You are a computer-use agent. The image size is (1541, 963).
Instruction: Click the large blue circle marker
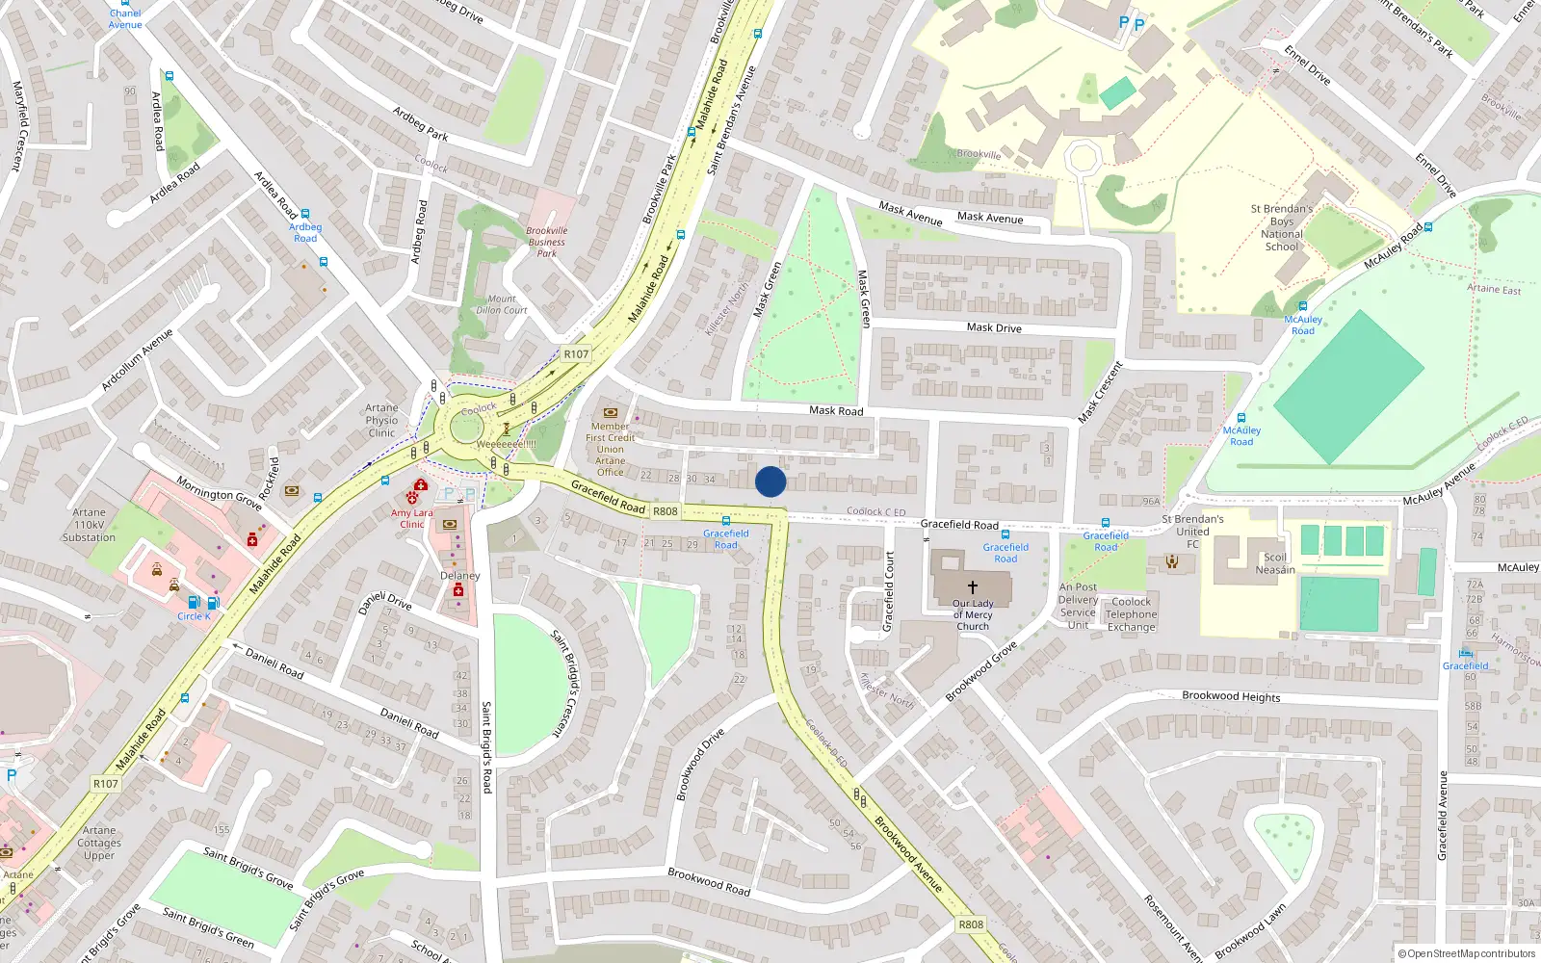click(x=770, y=481)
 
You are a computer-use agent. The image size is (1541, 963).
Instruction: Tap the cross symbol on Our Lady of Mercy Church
click(x=973, y=586)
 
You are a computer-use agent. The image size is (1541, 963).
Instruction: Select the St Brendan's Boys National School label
click(x=1282, y=227)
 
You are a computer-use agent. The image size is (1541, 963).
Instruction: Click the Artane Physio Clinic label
click(x=381, y=421)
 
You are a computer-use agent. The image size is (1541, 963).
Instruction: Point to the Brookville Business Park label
click(x=547, y=242)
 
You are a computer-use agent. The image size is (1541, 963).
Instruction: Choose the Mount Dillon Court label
click(x=502, y=304)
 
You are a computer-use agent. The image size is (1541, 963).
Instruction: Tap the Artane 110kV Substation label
click(x=89, y=525)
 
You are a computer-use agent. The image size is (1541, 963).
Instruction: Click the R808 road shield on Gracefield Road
click(x=666, y=511)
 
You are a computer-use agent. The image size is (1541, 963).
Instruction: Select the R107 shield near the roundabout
click(x=576, y=354)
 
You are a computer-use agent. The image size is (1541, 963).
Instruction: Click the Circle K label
click(x=193, y=616)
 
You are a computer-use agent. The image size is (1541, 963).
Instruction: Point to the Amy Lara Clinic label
click(x=412, y=518)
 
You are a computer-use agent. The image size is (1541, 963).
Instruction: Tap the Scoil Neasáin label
click(x=1275, y=563)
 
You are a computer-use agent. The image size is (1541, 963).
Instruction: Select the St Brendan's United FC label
click(x=1192, y=532)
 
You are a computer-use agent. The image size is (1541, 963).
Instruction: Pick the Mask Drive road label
click(x=994, y=328)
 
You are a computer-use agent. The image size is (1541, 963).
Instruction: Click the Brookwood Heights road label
click(x=1231, y=696)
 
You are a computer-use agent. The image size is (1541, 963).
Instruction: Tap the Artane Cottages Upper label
click(x=99, y=843)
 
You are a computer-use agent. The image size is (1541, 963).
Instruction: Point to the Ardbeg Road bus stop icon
click(x=305, y=214)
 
